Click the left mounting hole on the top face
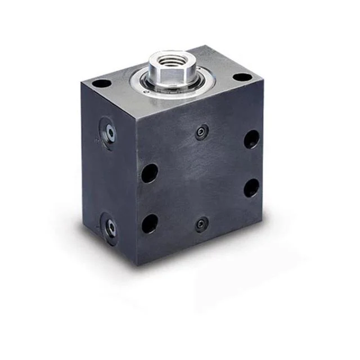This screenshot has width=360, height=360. pos(102,83)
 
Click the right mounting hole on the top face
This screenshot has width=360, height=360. pos(241,77)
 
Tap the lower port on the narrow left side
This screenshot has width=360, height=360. pos(110,228)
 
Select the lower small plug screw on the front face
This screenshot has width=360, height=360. pos(201,225)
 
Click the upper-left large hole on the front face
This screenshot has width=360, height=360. pos(150,173)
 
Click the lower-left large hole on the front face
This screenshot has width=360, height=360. pos(150,223)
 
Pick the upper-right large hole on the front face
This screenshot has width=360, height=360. pos(251,139)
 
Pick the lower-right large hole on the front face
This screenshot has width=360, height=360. pos(251,187)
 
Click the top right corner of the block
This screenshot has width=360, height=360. pos(263,82)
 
